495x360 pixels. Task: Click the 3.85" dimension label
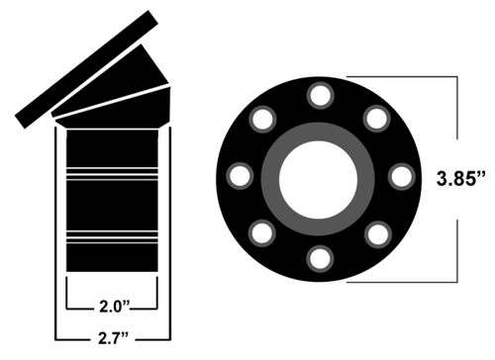point(460,180)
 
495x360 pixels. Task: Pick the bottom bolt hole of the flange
point(319,259)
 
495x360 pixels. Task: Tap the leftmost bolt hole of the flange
point(239,177)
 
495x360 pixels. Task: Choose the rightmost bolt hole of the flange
point(400,177)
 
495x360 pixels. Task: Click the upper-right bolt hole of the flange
point(376,120)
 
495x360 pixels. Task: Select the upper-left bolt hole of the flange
point(262,120)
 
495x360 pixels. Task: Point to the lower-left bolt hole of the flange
point(262,234)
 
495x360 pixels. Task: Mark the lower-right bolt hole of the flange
point(376,234)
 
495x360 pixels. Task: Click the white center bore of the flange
point(319,178)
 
